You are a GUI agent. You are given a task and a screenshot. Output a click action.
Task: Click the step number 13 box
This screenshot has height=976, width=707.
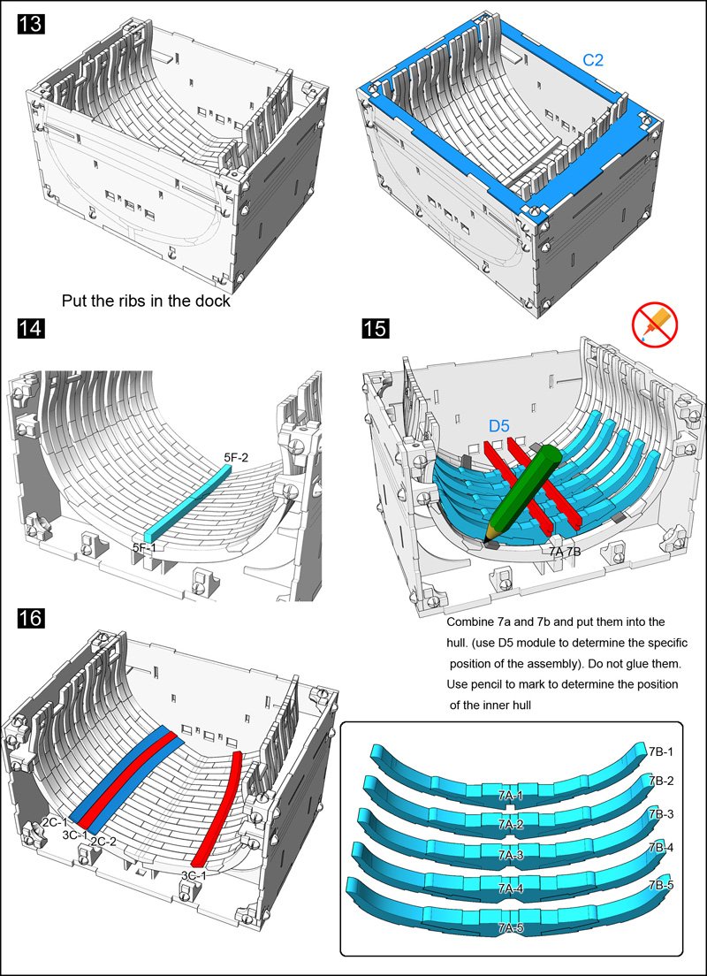coord(30,25)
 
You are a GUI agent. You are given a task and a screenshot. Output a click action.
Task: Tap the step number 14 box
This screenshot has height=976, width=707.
coord(30,331)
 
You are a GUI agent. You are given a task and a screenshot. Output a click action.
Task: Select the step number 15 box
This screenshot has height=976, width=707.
coord(375,330)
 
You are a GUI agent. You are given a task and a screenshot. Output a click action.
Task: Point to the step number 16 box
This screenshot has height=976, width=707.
coord(30,618)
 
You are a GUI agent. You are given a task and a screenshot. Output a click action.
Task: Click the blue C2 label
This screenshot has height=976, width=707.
coord(593,60)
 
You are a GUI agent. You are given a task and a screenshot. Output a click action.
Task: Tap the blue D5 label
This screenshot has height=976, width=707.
coord(501,427)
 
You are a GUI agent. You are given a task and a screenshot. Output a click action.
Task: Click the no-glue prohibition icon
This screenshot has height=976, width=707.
coord(655,324)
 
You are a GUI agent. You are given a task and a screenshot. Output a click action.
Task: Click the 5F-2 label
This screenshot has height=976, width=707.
coord(236,457)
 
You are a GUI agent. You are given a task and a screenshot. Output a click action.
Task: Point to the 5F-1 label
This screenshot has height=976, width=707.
coord(145,548)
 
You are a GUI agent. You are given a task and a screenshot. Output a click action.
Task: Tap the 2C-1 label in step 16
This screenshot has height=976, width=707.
coord(54,821)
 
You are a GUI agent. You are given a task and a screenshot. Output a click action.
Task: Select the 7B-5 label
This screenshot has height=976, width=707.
coord(661,884)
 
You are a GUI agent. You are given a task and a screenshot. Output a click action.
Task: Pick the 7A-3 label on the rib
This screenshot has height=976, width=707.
coord(510,855)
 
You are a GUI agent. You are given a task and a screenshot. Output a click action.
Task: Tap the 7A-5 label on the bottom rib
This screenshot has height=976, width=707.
coord(510,927)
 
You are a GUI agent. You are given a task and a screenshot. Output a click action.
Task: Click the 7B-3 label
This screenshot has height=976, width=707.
coord(661,813)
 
